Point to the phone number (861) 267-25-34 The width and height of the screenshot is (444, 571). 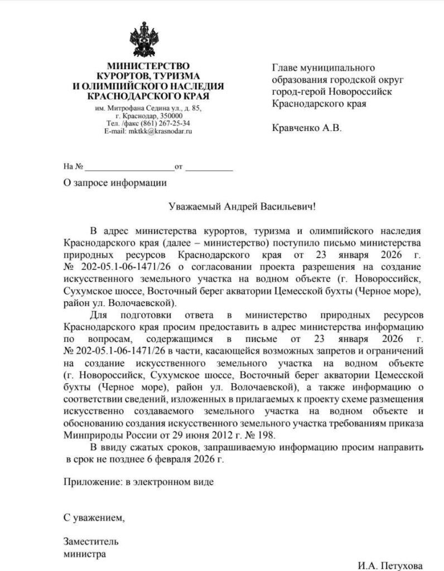click(x=167, y=123)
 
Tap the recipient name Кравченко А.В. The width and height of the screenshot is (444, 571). click(x=306, y=128)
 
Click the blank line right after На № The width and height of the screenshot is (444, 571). click(x=129, y=167)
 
